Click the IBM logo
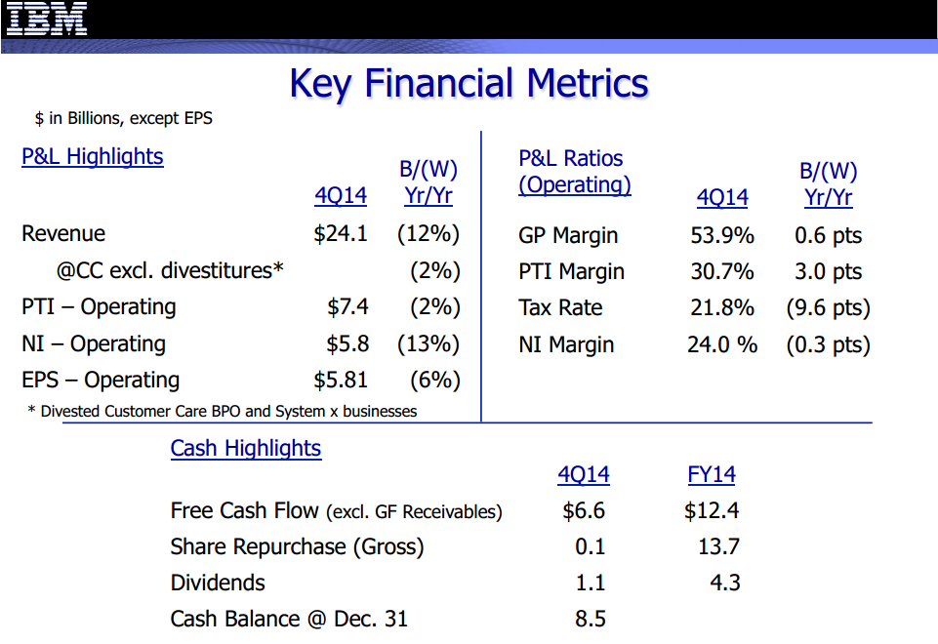coord(47,19)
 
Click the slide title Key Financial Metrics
coord(469,84)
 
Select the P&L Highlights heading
coord(93,157)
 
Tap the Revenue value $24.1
coord(340,234)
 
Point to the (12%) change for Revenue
coord(428,234)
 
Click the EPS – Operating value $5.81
coord(342,380)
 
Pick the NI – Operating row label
coord(94,343)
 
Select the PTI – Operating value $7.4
coord(347,307)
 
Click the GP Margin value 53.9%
coord(722,235)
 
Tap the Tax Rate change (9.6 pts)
coord(828,308)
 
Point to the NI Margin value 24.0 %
coord(722,344)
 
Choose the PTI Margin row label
coord(571,272)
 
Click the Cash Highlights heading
coord(246,449)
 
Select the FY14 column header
coord(712,475)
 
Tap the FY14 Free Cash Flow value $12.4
coord(712,511)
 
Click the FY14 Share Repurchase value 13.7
coord(718,547)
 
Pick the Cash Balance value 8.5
coord(591,620)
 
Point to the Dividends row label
coord(218,584)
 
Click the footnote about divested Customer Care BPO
coord(223,412)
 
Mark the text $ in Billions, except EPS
coord(123,119)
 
